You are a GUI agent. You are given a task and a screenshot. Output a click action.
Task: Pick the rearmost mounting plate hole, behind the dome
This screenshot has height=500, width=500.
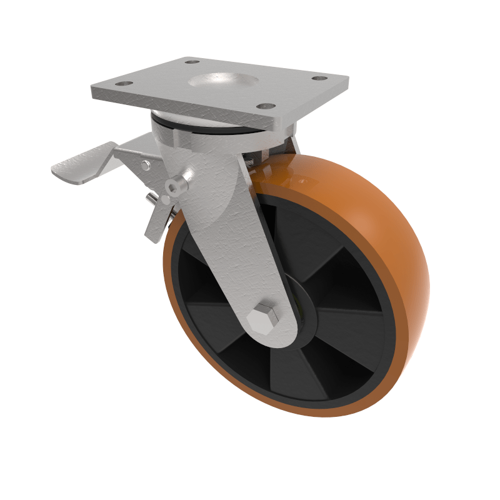(x=192, y=62)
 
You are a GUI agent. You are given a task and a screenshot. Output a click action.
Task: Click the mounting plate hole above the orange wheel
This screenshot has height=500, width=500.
(x=319, y=79)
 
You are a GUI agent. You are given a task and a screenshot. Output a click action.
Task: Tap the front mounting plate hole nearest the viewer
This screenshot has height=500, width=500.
(x=265, y=106)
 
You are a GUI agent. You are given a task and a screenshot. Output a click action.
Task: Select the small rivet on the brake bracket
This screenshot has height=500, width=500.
(x=146, y=165)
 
